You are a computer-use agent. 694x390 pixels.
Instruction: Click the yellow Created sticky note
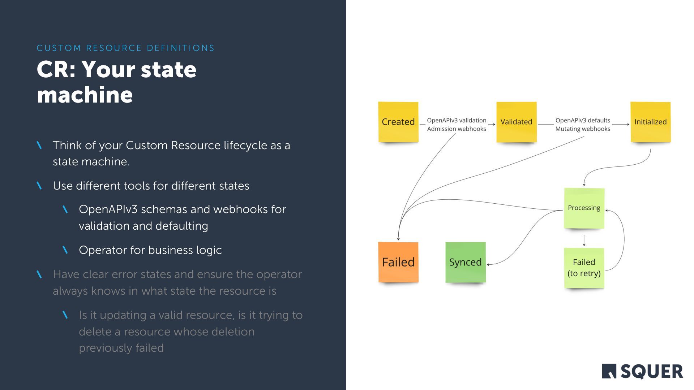click(x=398, y=122)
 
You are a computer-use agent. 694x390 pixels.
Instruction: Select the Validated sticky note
click(x=516, y=122)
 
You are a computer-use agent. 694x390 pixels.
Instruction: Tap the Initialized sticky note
click(x=650, y=122)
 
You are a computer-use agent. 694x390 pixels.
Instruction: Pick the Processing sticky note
click(x=584, y=208)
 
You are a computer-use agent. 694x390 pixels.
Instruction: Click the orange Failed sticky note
click(x=398, y=262)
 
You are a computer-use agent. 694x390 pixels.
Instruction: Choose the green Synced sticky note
click(x=465, y=262)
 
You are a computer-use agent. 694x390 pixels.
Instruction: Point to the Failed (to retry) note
click(x=584, y=268)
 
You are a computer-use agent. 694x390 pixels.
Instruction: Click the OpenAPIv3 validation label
click(x=457, y=120)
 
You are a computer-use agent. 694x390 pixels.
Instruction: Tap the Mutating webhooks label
click(x=583, y=129)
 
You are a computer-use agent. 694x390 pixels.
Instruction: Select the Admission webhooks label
click(x=457, y=129)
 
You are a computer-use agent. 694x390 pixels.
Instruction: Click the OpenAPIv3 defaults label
click(x=583, y=120)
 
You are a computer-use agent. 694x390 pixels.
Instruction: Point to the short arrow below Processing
click(x=584, y=240)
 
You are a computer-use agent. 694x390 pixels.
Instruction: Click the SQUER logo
click(x=642, y=371)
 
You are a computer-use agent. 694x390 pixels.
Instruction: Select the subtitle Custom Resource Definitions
click(x=125, y=48)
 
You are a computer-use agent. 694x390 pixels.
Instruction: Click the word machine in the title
click(x=85, y=95)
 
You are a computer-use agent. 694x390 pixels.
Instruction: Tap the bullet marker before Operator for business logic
click(x=65, y=250)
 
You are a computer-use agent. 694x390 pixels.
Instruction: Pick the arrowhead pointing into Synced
click(x=488, y=265)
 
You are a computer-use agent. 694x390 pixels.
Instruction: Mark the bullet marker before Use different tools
click(x=39, y=186)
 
